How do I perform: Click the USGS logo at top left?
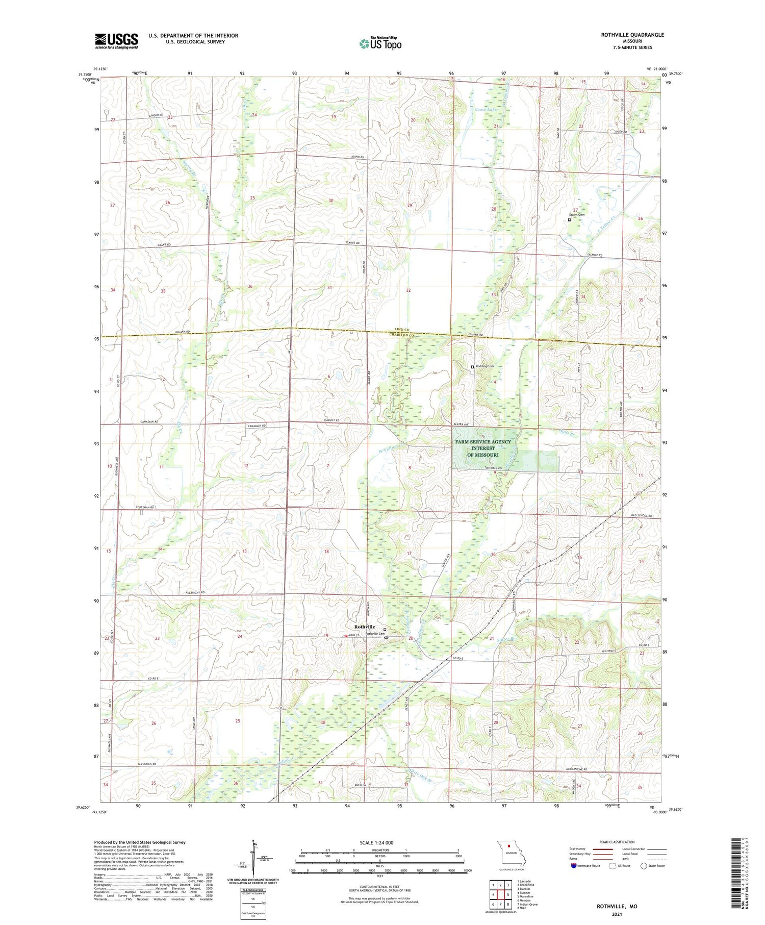coord(116,41)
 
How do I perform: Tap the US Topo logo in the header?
coord(380,44)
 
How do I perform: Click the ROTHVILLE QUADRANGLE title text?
coord(632,35)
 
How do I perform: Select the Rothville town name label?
coord(365,627)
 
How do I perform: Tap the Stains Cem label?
coord(577,215)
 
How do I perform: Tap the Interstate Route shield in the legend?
coord(573,866)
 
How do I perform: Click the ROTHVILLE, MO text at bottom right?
coord(617,906)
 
